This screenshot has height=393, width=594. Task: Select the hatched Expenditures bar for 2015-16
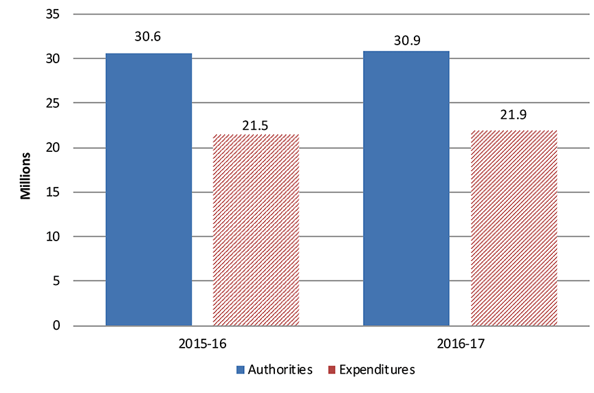[256, 229]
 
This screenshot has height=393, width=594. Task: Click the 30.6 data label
[148, 37]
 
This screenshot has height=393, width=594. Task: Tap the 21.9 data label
[514, 115]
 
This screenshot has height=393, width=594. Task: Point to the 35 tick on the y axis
[54, 14]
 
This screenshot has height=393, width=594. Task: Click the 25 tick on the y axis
[54, 103]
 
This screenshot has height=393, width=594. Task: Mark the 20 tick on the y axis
[54, 148]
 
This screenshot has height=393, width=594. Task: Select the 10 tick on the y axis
[54, 236]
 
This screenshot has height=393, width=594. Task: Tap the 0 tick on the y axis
[57, 325]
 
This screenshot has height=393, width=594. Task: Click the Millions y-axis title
[25, 176]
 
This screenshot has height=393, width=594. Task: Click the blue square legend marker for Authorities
[241, 370]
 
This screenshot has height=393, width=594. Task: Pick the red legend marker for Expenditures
[330, 370]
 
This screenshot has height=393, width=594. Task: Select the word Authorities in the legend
[281, 370]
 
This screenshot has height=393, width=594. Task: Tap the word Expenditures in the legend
[377, 370]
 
